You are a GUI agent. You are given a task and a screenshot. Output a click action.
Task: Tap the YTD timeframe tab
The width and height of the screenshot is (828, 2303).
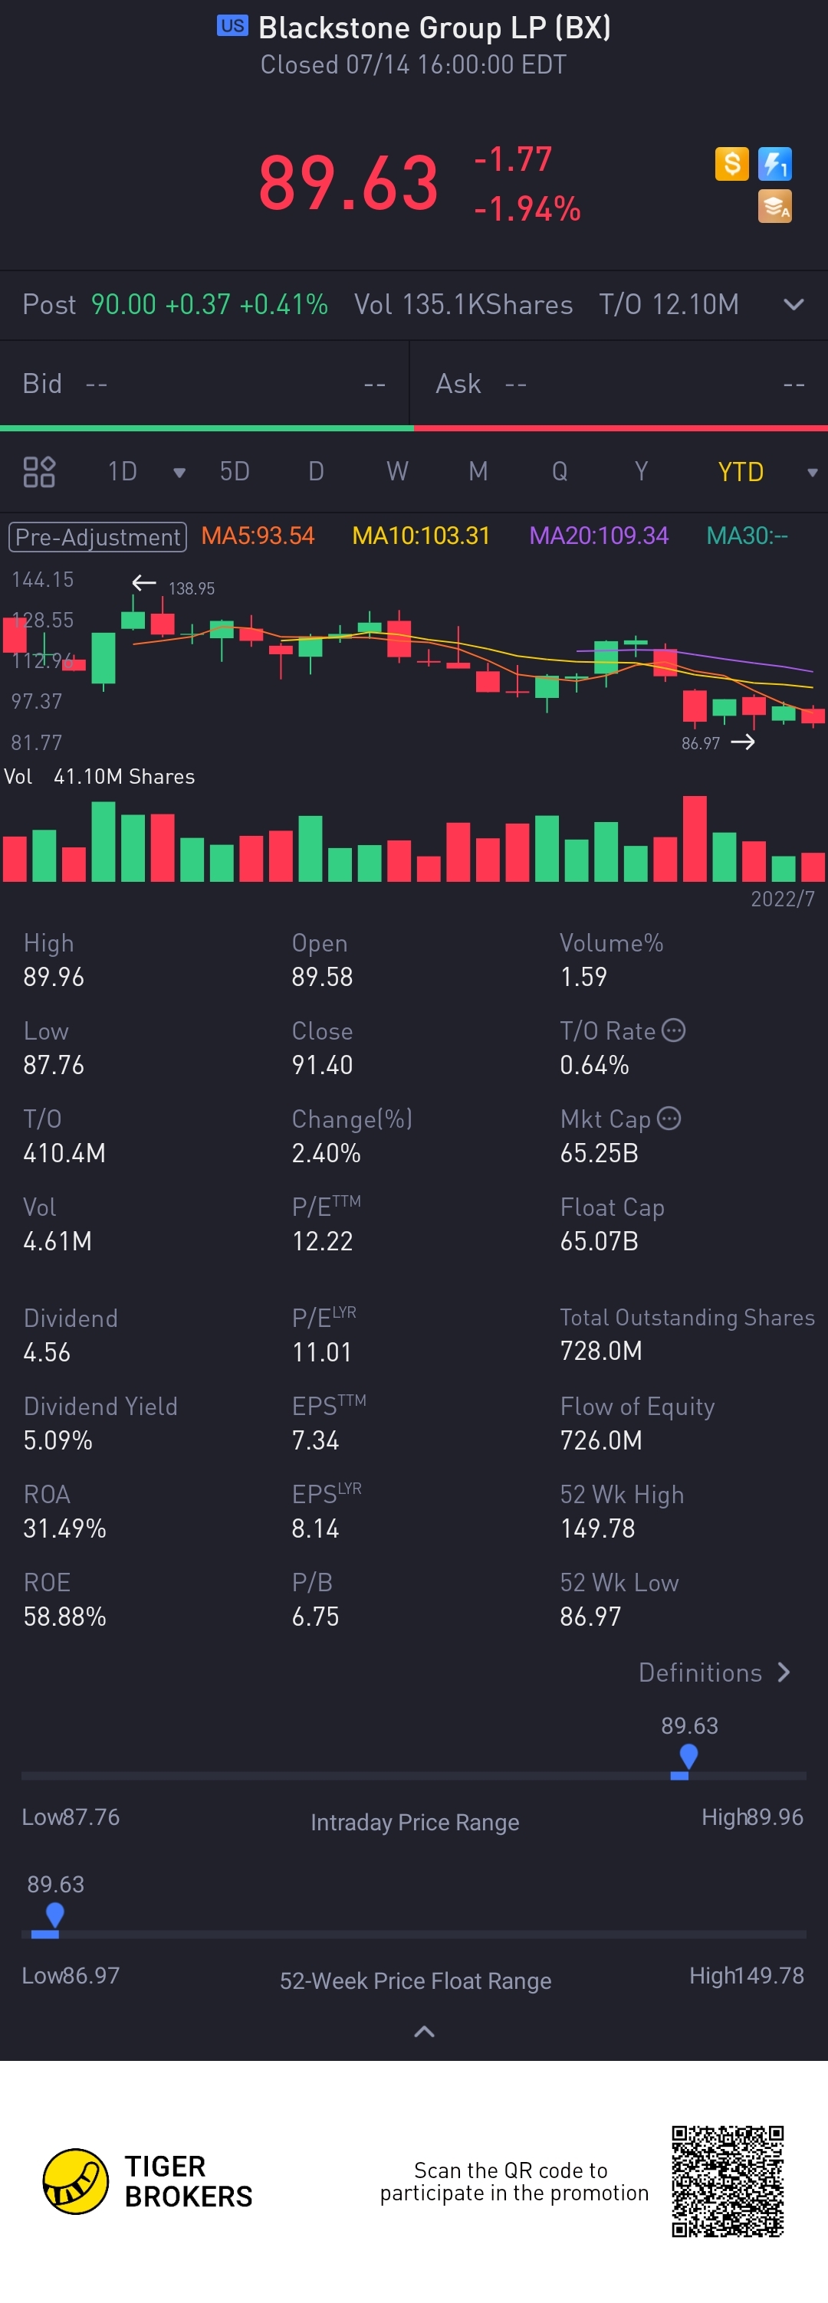741,472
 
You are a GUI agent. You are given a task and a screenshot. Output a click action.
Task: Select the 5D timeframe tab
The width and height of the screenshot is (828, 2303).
235,471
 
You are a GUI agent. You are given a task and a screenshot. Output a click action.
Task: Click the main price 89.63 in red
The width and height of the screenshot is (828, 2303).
349,183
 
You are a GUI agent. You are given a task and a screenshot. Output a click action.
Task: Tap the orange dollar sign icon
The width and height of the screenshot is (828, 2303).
731,164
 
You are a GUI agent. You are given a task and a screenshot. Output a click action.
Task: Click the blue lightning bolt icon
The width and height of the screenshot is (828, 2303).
774,164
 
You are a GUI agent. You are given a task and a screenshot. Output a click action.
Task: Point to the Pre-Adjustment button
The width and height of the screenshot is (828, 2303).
97,536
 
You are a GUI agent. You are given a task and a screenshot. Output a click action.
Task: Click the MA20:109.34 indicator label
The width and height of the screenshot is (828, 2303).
598,536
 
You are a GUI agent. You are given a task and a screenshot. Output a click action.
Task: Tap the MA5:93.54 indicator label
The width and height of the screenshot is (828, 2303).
258,536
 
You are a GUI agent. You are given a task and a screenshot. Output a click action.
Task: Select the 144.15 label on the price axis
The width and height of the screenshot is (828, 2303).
42,579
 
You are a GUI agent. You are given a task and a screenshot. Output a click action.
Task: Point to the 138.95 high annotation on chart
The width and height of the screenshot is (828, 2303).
192,588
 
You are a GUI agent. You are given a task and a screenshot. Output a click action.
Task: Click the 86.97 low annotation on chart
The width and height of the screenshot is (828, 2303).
700,743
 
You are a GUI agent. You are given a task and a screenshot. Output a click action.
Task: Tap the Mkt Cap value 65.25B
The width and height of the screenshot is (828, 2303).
599,1153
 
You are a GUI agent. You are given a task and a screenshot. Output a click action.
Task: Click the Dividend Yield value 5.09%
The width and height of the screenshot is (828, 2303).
58,1440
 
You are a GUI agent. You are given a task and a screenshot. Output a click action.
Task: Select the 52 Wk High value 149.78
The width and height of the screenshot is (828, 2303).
597,1528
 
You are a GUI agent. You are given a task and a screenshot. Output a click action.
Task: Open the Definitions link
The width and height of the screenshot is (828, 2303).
714,1672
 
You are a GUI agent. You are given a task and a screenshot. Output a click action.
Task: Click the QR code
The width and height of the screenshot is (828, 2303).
727,2181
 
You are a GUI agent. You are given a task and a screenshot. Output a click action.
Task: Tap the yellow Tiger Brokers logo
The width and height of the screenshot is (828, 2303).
76,2181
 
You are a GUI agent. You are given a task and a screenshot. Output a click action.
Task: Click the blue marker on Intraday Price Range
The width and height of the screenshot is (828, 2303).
688,1758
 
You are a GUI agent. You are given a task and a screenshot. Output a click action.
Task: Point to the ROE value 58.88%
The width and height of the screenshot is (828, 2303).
64,1617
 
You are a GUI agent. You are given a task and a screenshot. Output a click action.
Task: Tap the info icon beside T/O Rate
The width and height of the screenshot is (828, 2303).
673,1030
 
